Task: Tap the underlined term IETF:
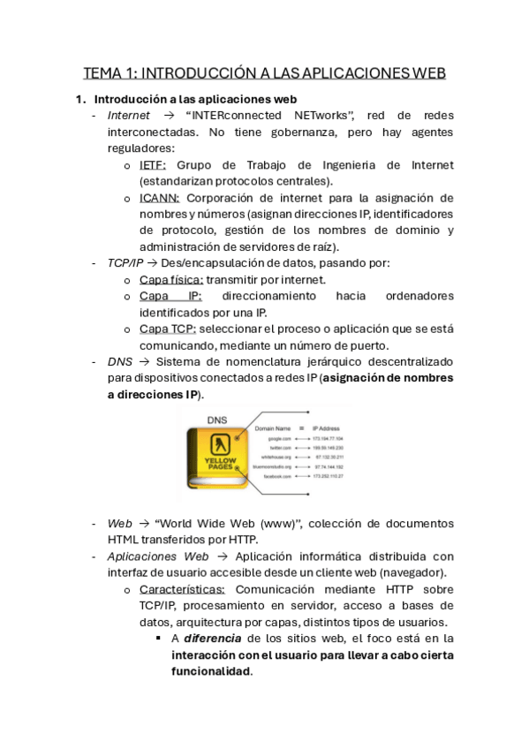coord(153,165)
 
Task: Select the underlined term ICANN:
coord(159,198)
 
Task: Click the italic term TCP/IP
coord(125,262)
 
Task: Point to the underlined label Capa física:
coord(171,279)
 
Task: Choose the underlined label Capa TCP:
coord(167,329)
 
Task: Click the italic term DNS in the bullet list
coord(120,361)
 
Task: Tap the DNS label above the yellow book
coord(217,420)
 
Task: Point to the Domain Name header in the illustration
coord(273,428)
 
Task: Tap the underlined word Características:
coord(182,589)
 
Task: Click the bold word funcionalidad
coord(211,671)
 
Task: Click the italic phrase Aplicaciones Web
coord(158,556)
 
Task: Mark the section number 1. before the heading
coord(80,99)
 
